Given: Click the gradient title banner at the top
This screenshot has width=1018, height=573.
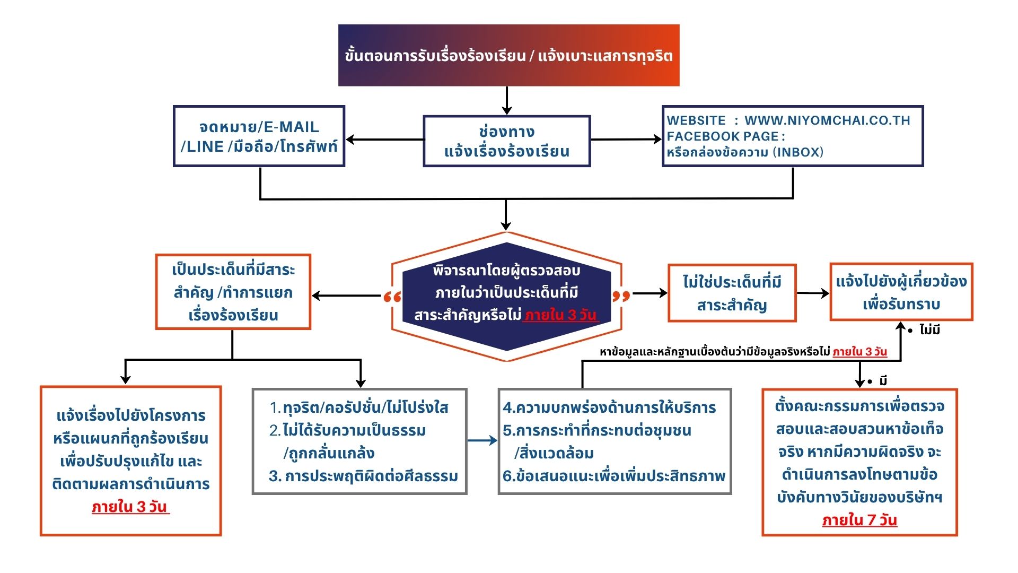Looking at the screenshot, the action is (x=508, y=55).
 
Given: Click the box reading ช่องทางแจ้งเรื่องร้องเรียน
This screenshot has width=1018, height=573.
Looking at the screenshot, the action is (x=506, y=141).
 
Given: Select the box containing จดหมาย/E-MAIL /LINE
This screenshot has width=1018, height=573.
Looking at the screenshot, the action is (x=259, y=136).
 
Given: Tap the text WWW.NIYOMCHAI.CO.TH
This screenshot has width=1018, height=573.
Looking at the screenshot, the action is (x=827, y=120).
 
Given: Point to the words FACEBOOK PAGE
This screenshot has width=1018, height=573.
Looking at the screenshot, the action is (x=723, y=136).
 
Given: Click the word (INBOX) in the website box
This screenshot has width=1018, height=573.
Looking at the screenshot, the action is (x=798, y=152).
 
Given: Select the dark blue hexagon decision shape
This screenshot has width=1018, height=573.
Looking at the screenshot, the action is (x=506, y=297).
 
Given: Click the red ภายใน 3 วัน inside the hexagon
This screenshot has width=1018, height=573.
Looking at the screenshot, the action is (x=561, y=315).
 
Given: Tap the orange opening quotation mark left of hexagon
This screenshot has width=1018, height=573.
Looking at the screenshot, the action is (x=392, y=297).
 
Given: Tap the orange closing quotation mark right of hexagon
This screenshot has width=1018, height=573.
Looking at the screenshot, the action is (x=621, y=296).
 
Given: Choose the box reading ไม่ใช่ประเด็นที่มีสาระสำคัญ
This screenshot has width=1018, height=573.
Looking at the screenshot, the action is (x=732, y=293).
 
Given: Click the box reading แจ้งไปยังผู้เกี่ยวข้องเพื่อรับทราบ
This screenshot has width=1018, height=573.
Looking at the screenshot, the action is (x=901, y=292).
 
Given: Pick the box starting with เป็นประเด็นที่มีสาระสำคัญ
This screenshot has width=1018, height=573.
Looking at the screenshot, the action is (x=233, y=292).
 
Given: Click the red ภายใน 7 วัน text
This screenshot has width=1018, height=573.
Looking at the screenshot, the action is (x=859, y=520).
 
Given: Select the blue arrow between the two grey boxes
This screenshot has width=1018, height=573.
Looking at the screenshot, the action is (x=482, y=440).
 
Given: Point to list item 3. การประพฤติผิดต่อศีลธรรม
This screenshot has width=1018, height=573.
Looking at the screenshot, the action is (x=363, y=476).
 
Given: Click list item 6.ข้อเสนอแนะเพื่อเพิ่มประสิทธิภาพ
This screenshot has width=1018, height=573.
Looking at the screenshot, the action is (x=614, y=476).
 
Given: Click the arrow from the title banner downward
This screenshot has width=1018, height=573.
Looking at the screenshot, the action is (x=507, y=100).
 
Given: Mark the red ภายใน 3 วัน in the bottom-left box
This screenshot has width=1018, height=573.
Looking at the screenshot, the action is (x=130, y=507).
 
